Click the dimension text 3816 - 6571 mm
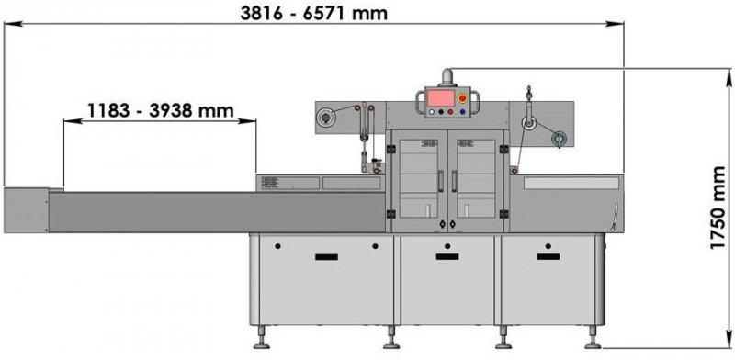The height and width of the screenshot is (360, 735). [313, 13]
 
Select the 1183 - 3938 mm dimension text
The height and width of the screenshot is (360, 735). [160, 110]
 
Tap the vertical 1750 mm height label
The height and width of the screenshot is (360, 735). [718, 208]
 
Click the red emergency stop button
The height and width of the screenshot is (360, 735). [462, 98]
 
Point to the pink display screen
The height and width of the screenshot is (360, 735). [440, 98]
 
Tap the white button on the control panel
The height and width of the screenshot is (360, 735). [431, 112]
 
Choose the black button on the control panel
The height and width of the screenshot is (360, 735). [441, 112]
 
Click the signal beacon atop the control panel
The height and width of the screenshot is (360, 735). [447, 77]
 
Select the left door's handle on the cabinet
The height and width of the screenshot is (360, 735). [440, 181]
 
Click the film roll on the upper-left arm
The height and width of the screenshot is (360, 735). [324, 118]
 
